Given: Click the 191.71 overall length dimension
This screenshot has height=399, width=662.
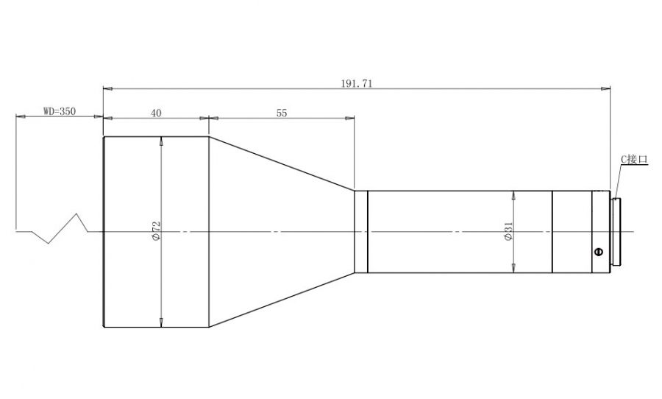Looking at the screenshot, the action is pyautogui.click(x=357, y=84).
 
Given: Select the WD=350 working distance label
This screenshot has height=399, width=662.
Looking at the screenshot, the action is pyautogui.click(x=60, y=112).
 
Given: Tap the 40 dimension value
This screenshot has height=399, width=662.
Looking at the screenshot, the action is pyautogui.click(x=156, y=113).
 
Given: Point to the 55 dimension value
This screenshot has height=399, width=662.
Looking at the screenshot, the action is pyautogui.click(x=282, y=113).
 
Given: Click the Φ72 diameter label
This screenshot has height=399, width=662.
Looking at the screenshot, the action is pyautogui.click(x=155, y=231).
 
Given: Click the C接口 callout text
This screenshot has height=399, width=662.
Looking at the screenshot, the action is pyautogui.click(x=634, y=159).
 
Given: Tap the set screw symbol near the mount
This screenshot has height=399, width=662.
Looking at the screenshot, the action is pyautogui.click(x=598, y=253).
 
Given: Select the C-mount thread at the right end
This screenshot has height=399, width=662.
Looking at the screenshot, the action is pyautogui.click(x=615, y=232).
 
